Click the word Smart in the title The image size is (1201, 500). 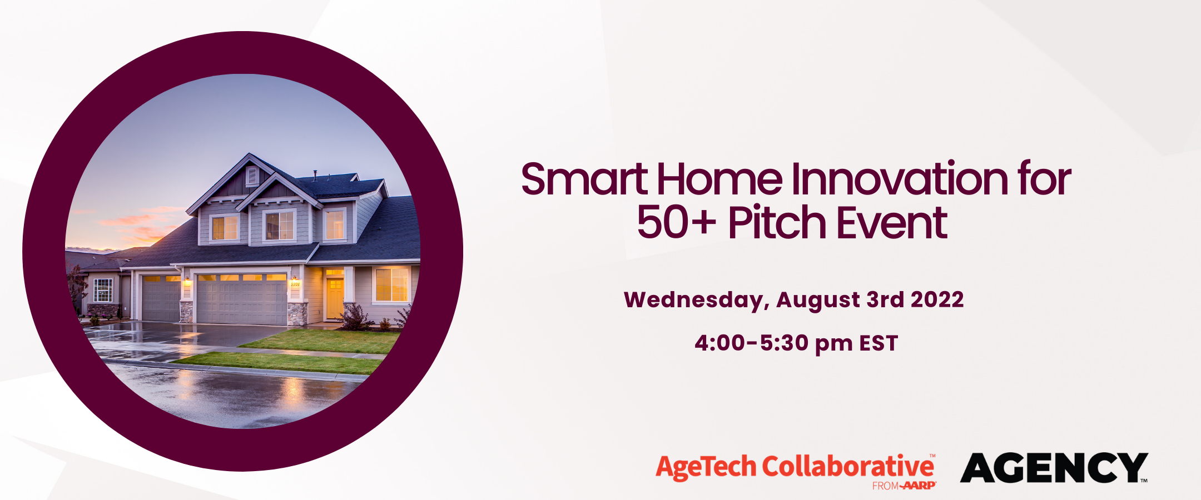click(584, 179)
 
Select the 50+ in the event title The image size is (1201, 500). click(676, 222)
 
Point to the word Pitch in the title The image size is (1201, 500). click(778, 222)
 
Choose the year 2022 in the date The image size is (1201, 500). click(937, 299)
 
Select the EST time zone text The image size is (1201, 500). click(879, 343)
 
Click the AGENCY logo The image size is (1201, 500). click(1054, 468)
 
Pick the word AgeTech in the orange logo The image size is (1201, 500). click(706, 467)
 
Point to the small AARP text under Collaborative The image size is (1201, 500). click(919, 486)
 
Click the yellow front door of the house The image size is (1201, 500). click(335, 298)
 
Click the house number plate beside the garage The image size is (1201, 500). click(295, 284)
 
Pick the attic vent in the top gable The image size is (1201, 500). click(252, 176)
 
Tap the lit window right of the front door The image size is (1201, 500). click(391, 284)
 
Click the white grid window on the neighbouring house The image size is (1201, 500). click(103, 291)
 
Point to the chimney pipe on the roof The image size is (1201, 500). click(315, 175)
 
